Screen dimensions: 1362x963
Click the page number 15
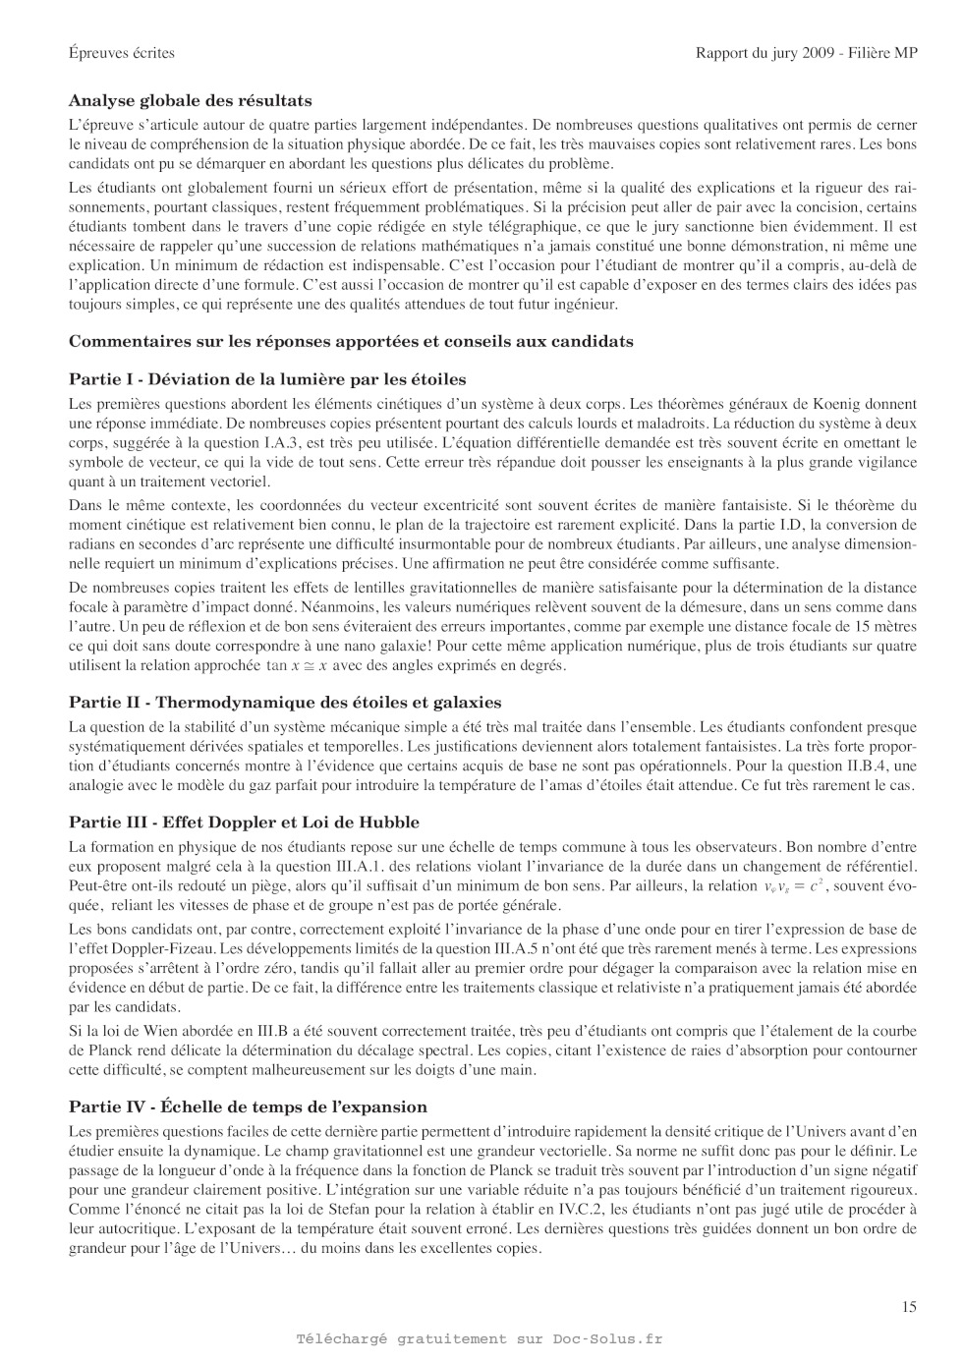[x=908, y=1306]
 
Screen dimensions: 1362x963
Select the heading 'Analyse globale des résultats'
[x=191, y=100]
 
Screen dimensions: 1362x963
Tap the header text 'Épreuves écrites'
[x=122, y=53]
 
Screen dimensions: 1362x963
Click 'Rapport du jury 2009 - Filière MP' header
[x=806, y=53]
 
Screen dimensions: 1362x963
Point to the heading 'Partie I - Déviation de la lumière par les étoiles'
[x=267, y=379]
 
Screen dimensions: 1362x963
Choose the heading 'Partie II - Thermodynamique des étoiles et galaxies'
[x=285, y=703]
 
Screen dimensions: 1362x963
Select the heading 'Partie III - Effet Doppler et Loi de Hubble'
[x=244, y=823]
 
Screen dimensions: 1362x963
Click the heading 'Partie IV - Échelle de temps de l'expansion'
[x=248, y=1107]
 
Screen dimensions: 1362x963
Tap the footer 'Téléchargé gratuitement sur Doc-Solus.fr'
[x=480, y=1338]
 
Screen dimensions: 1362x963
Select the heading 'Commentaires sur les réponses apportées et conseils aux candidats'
[x=351, y=341]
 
